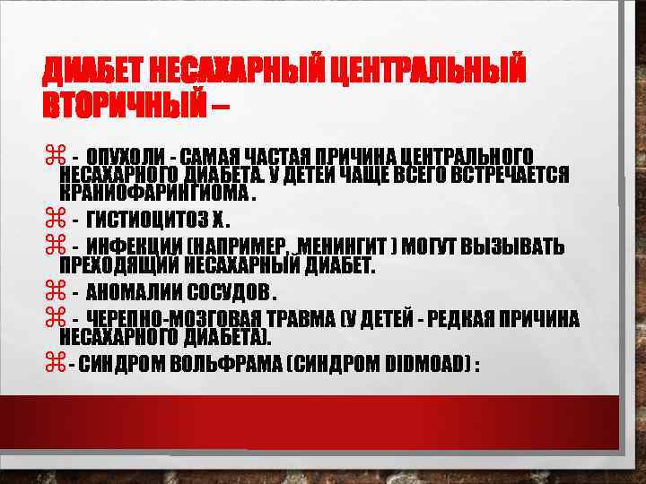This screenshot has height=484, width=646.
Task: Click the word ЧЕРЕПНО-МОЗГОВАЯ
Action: coord(167,319)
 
